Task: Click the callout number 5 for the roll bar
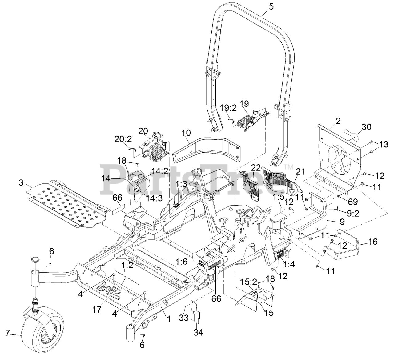pos(271,7)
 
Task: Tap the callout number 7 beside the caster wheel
pos(7,333)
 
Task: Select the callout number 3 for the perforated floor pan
pos(21,183)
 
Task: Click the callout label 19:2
pos(228,108)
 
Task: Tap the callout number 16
pos(372,242)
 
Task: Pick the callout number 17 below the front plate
pos(96,310)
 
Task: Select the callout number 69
pos(352,202)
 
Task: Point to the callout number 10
pos(186,133)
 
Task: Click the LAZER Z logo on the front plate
pos(108,294)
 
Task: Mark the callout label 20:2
pos(123,139)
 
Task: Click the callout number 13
pos(384,145)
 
